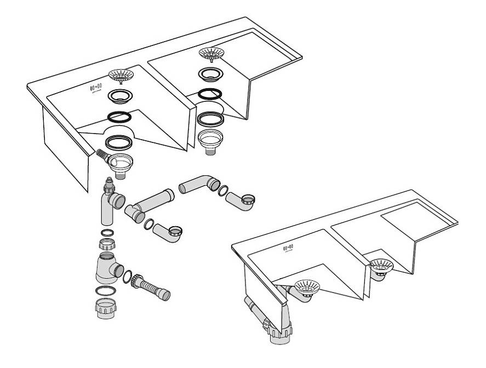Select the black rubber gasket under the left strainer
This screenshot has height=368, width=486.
click(119, 117)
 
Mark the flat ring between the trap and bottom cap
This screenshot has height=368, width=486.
click(107, 290)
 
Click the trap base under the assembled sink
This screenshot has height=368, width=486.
click(279, 332)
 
